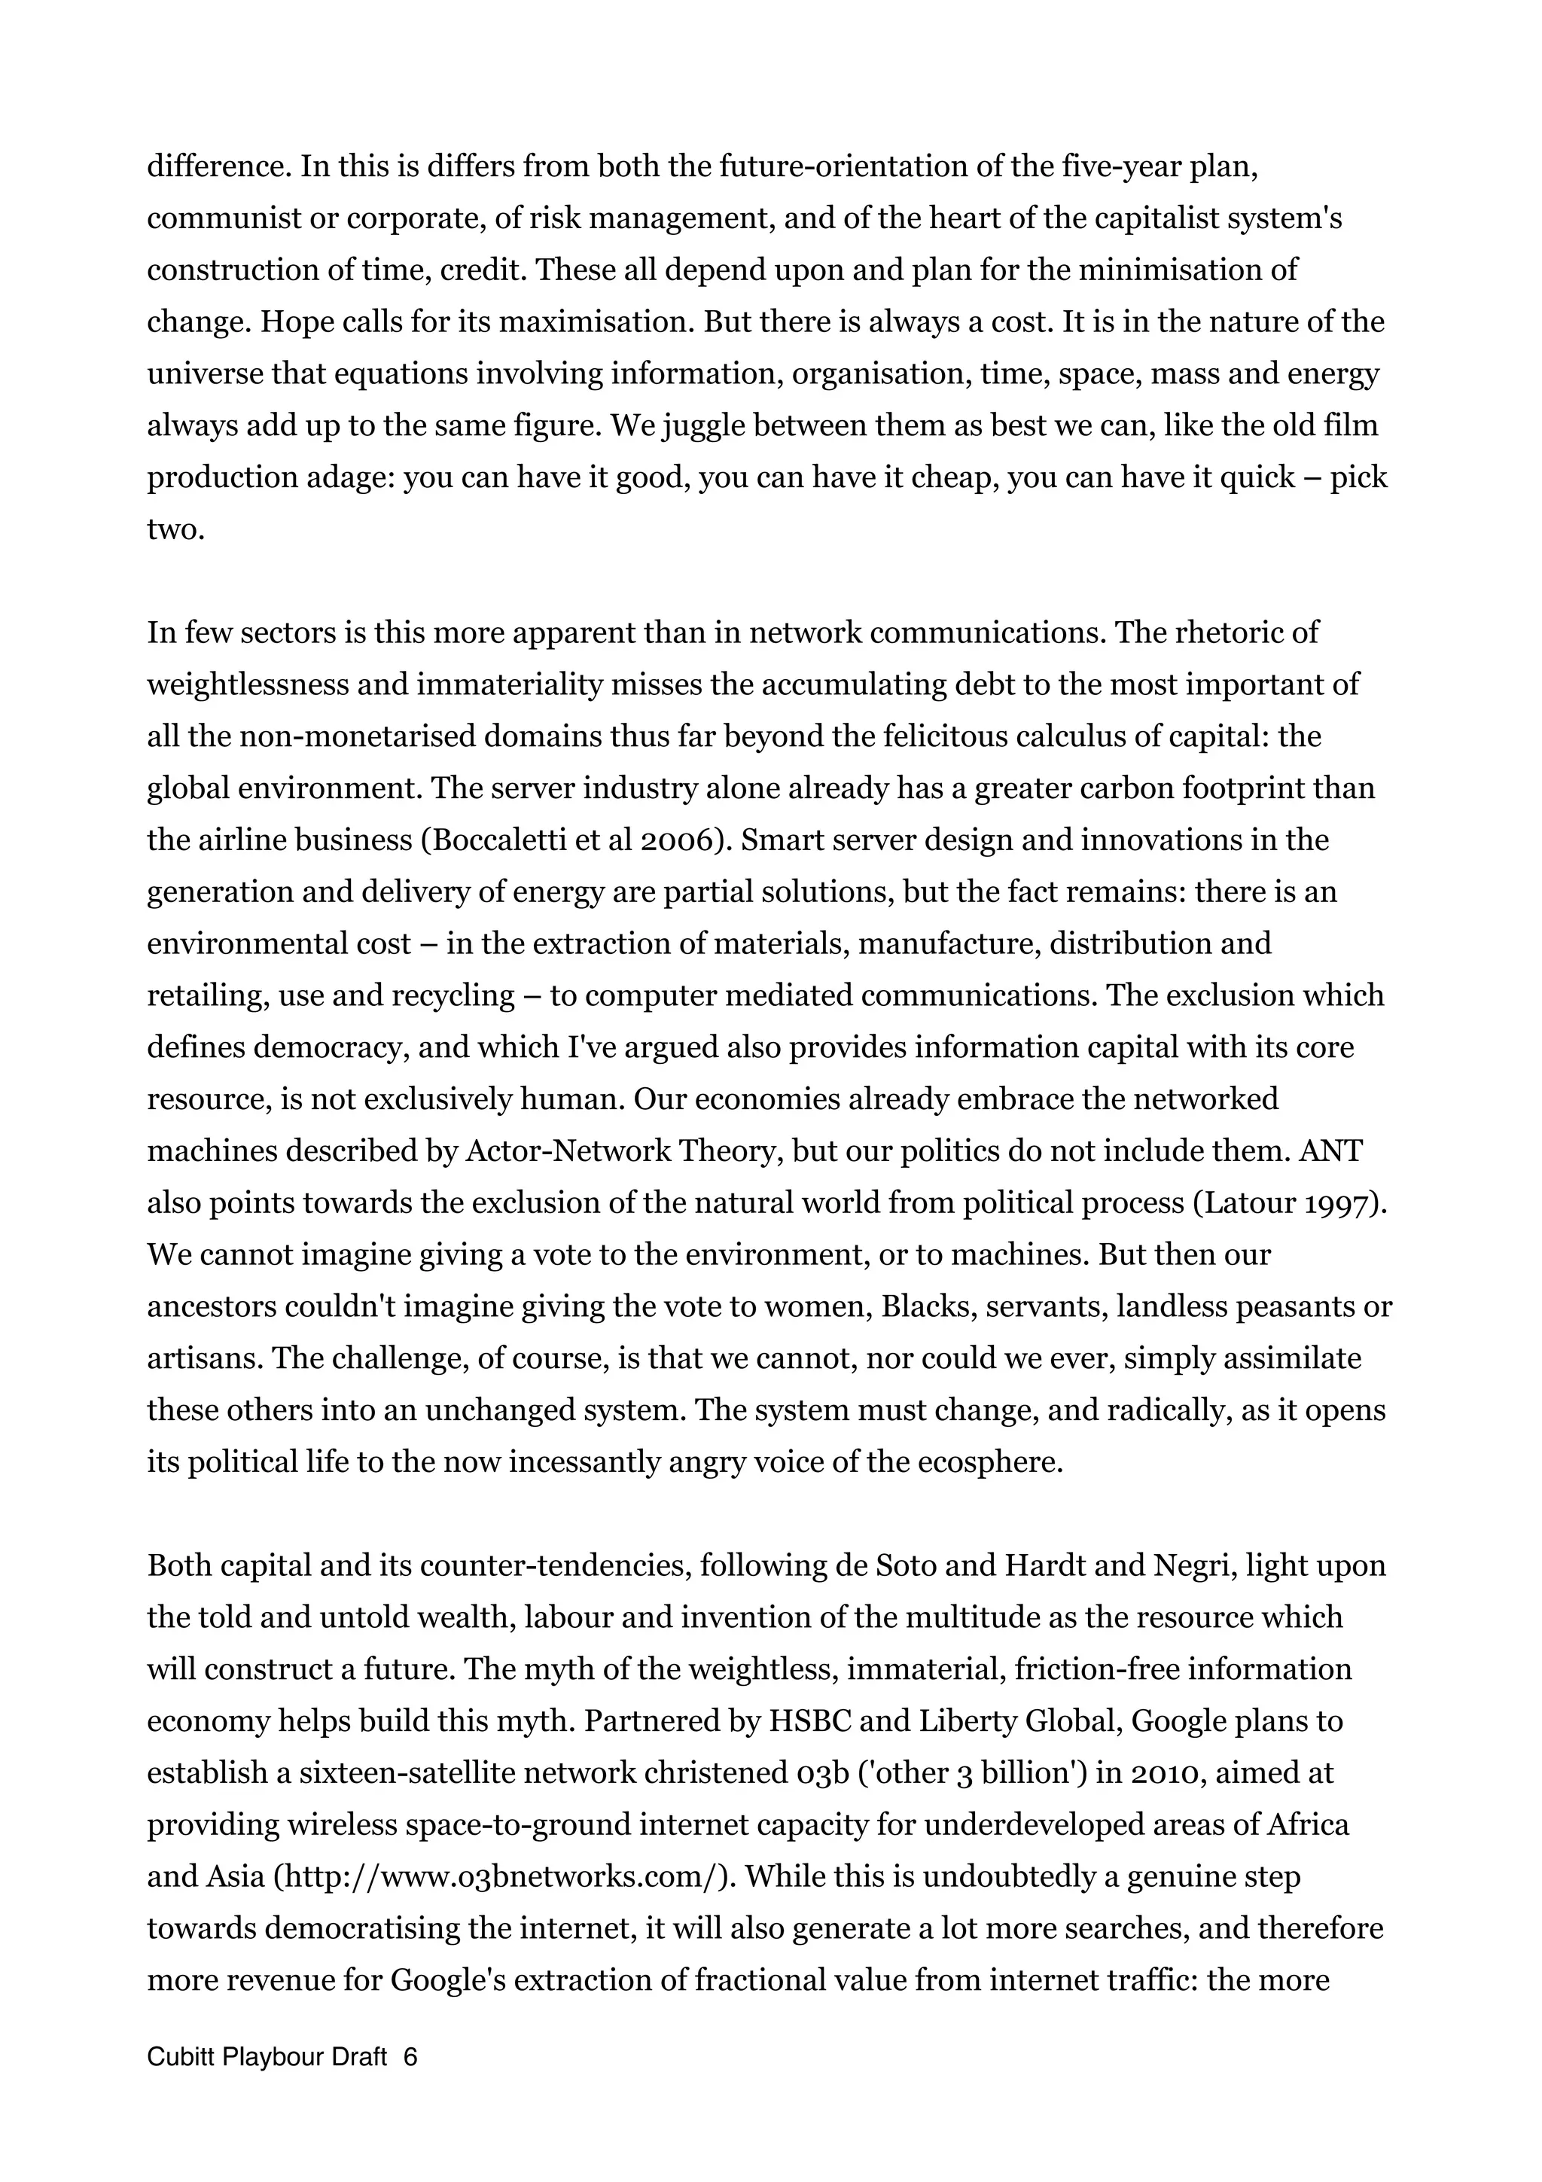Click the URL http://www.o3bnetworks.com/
(504, 1877)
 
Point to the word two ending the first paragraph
(175, 529)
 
